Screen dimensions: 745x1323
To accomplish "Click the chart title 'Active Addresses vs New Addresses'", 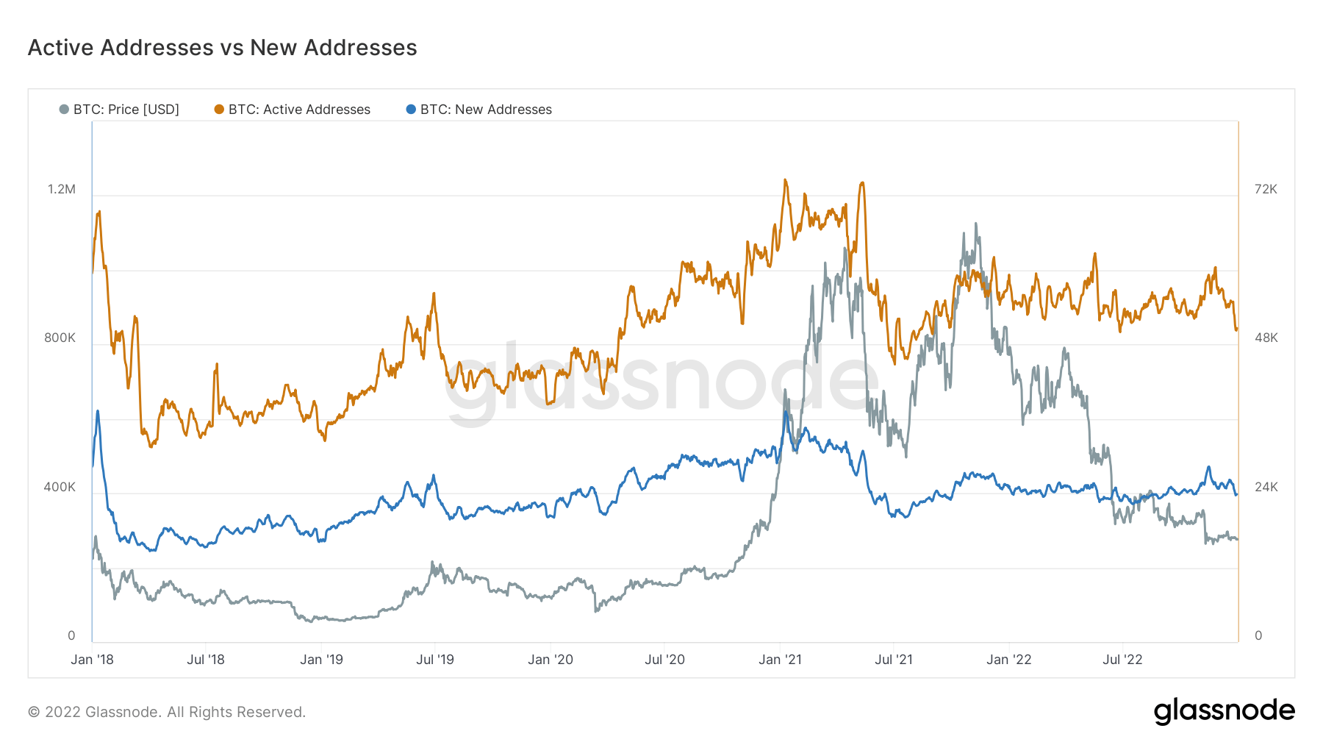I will point(222,48).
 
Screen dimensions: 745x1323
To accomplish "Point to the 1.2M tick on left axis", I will point(62,189).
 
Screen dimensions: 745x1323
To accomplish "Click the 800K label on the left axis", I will point(60,338).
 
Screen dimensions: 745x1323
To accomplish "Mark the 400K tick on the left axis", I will point(60,487).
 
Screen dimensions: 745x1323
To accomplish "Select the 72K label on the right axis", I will point(1266,189).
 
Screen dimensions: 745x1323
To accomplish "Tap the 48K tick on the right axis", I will point(1266,338).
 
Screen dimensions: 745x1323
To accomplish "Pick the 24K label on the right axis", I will point(1266,487).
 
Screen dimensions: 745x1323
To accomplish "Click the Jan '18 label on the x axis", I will point(92,660).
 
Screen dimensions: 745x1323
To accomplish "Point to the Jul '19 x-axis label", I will point(435,660).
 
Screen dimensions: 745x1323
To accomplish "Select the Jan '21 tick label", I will point(780,660).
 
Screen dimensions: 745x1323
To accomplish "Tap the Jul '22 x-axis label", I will point(1122,660).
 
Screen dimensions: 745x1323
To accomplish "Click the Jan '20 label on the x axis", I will point(550,660).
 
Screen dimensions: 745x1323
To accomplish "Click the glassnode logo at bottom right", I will point(1224,711).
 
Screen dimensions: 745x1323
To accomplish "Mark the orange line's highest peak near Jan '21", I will point(785,179).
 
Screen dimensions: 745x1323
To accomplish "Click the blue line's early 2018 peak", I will point(98,411).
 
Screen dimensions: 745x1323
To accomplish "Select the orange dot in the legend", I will point(219,110).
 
